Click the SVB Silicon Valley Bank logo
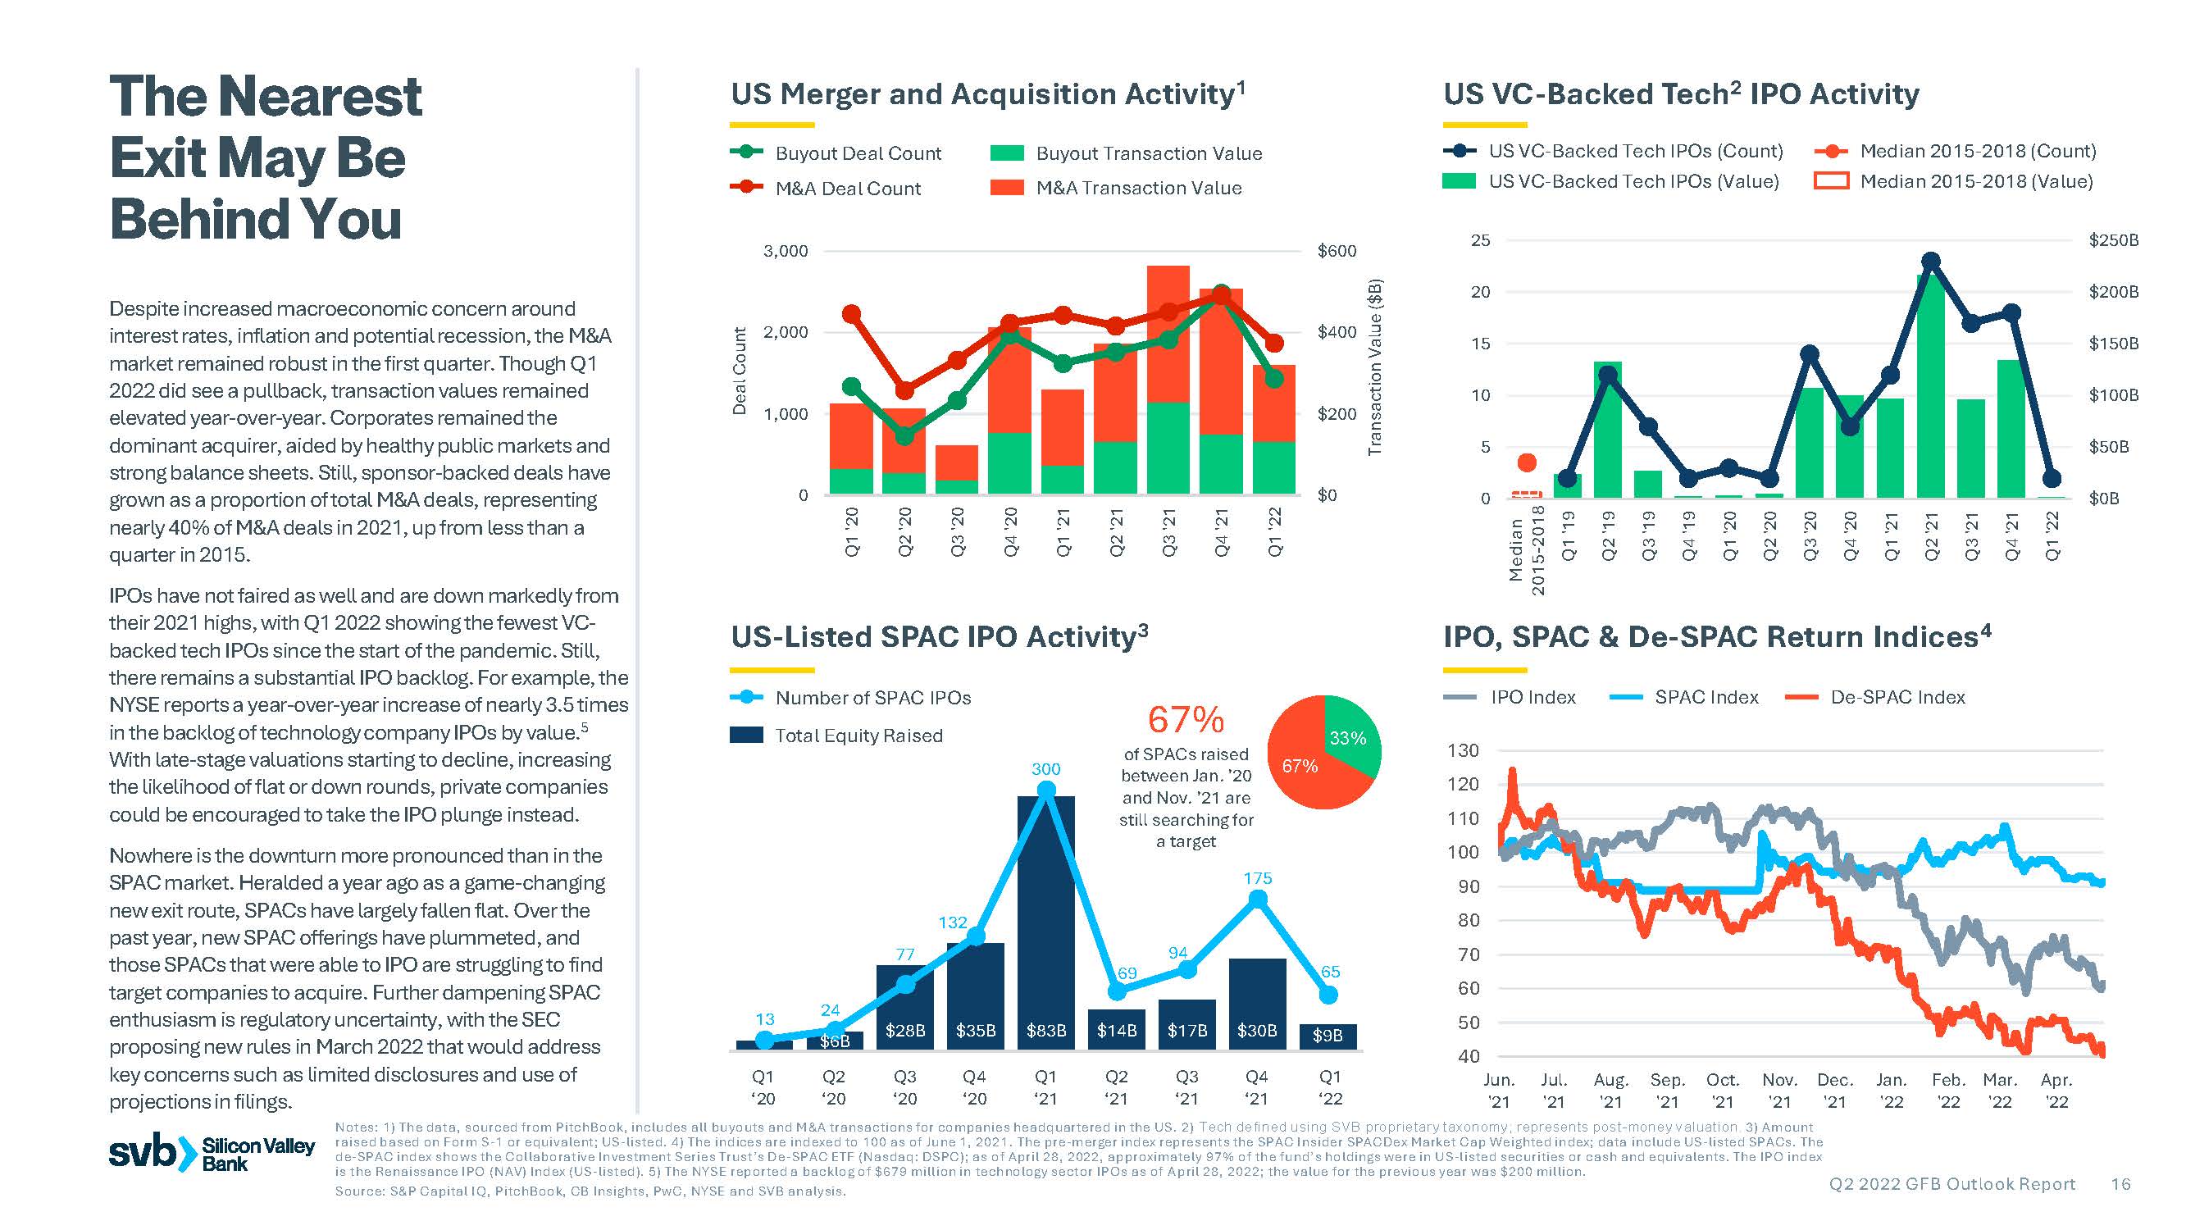(x=212, y=1153)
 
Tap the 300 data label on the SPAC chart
(x=1045, y=769)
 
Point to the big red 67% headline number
(x=1186, y=720)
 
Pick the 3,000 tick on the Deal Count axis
(x=786, y=251)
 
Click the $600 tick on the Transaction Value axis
(x=1337, y=251)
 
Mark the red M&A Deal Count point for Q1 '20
(x=852, y=315)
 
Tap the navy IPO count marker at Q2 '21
(x=1930, y=261)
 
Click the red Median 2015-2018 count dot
(x=1527, y=462)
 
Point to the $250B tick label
(x=2113, y=240)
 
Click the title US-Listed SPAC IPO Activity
(x=940, y=636)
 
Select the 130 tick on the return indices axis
(x=1463, y=751)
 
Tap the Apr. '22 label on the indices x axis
(x=2056, y=1091)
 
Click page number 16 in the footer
(x=2120, y=1184)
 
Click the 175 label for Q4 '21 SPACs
(x=1258, y=878)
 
